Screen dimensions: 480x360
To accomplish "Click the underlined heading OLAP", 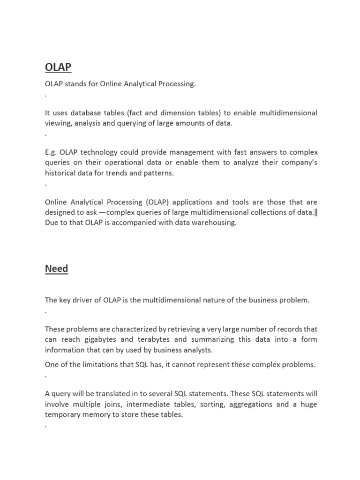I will pyautogui.click(x=58, y=67).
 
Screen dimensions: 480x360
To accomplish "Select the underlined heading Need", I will pyautogui.click(x=56, y=269).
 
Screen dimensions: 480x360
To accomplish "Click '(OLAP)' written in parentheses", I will pyautogui.click(x=157, y=202).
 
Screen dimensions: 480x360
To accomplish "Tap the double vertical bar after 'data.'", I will pyautogui.click(x=315, y=212).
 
